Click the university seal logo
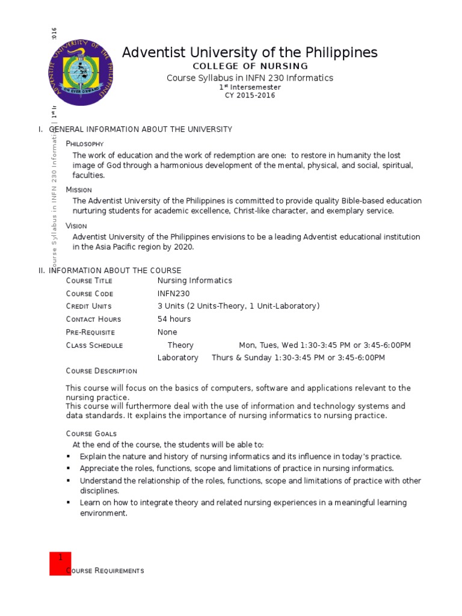[80, 74]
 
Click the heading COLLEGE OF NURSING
[250, 66]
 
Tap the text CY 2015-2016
[250, 96]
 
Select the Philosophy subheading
[85, 144]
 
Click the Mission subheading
[79, 189]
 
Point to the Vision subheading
[76, 226]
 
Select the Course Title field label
[89, 281]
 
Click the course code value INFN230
[173, 294]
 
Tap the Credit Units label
[89, 307]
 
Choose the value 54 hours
[174, 319]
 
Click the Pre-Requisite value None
[167, 333]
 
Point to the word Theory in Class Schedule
[180, 345]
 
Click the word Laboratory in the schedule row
[177, 358]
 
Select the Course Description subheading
[101, 371]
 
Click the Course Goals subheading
[91, 434]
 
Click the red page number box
[60, 564]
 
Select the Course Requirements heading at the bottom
[105, 571]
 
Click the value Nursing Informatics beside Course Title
[194, 281]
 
